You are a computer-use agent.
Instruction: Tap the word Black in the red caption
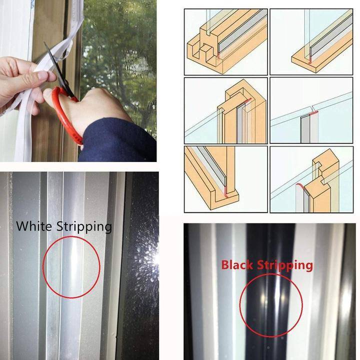point(237,264)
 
